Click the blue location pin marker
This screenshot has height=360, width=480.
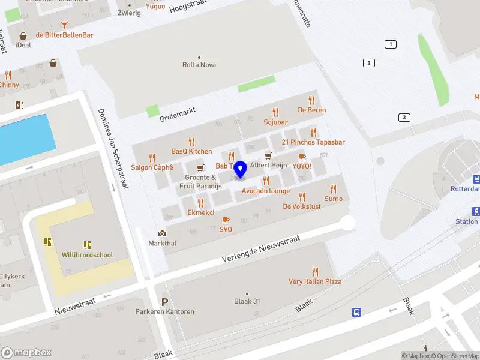[x=241, y=170]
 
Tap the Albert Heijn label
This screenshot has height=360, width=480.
[x=268, y=165]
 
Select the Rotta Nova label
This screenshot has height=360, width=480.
[x=199, y=65]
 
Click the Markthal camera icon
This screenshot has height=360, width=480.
[x=162, y=233]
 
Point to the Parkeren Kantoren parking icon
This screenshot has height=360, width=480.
[x=164, y=302]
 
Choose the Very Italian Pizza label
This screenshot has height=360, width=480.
[x=314, y=281]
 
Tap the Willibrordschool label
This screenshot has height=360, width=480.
[x=87, y=255]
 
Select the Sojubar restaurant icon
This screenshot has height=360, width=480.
[x=275, y=112]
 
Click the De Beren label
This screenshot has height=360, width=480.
[x=311, y=110]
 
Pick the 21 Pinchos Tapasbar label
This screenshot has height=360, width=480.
[x=313, y=142]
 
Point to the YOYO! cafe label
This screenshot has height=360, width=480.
[x=302, y=166]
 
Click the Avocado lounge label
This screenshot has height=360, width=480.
[x=266, y=191]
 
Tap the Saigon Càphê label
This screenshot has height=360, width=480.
[x=152, y=167]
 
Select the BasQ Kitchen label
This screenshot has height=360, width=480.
[x=191, y=151]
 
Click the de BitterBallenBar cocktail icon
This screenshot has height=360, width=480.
[x=64, y=25]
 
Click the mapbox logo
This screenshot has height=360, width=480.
[x=26, y=352]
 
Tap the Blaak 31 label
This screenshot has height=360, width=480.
[x=247, y=301]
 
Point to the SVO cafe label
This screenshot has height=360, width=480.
[x=226, y=229]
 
